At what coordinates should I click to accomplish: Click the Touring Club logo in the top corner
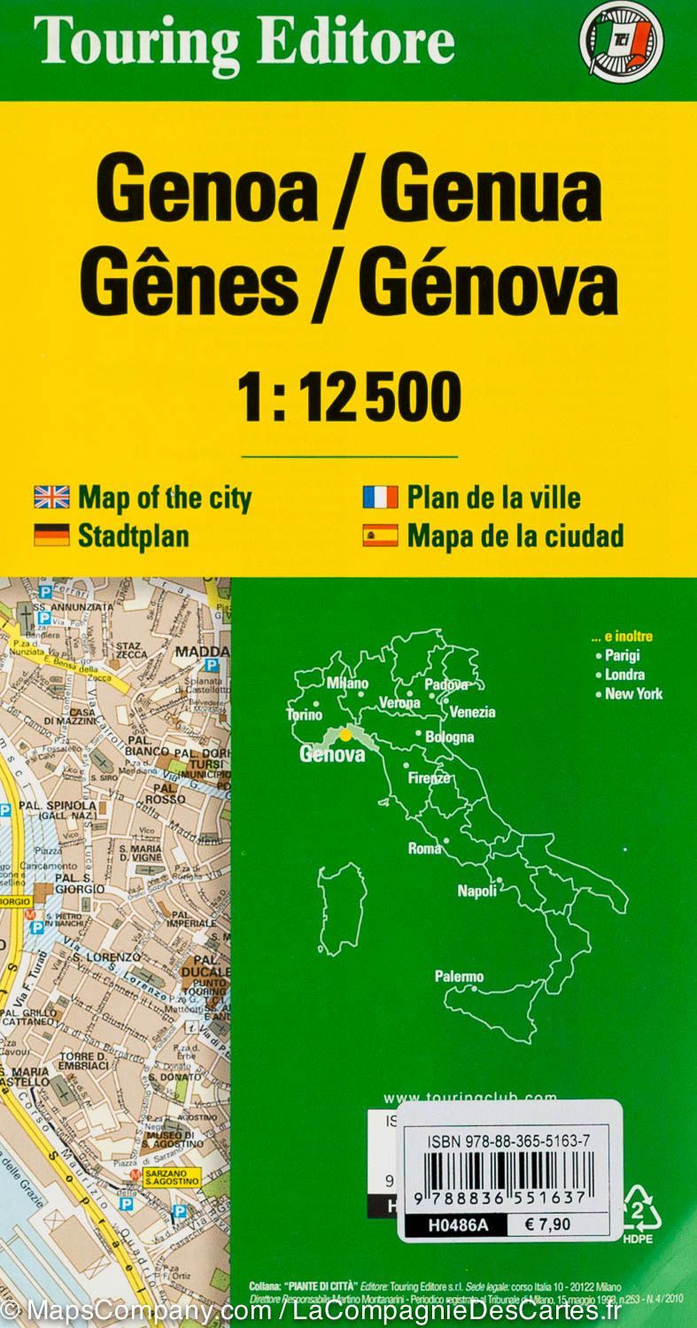[x=621, y=42]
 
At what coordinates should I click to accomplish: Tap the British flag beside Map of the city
[x=51, y=498]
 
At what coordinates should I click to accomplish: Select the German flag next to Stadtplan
[x=51, y=535]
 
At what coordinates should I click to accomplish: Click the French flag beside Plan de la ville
[x=380, y=498]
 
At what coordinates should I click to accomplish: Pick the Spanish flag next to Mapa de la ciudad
[x=380, y=536]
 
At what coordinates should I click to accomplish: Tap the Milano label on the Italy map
[x=347, y=683]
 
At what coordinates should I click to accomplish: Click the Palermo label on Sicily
[x=459, y=977]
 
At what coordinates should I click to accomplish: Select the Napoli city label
[x=476, y=892]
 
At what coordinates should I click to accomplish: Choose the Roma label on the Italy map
[x=424, y=848]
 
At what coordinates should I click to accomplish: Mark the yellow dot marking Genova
[x=345, y=734]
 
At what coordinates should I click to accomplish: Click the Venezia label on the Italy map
[x=472, y=712]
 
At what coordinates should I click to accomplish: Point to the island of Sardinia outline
[x=342, y=908]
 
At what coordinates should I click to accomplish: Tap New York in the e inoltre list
[x=633, y=694]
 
